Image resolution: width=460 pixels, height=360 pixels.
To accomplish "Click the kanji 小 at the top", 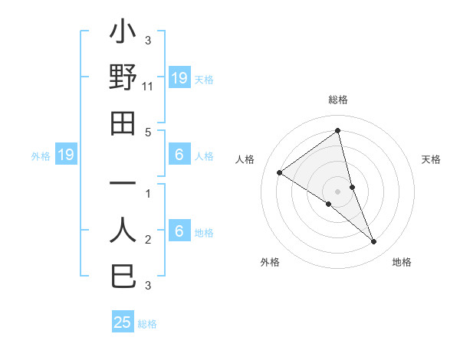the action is tap(123, 34).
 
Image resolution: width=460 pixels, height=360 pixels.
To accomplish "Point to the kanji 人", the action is tap(123, 231).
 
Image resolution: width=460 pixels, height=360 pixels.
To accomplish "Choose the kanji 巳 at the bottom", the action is tap(123, 276).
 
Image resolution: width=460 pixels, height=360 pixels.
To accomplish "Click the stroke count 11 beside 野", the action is tap(148, 87).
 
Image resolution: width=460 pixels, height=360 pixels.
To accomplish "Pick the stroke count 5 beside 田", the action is tap(148, 132).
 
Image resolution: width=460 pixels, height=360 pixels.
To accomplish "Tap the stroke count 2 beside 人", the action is tap(148, 241).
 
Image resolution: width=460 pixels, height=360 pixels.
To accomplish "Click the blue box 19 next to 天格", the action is tap(179, 77).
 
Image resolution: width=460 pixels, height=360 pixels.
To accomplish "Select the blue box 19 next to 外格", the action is tap(66, 155).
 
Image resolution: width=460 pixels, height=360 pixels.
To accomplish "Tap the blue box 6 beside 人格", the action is tap(179, 155).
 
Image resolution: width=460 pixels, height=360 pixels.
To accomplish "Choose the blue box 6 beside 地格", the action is tap(179, 231).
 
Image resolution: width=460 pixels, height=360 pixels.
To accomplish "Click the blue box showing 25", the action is tap(123, 322).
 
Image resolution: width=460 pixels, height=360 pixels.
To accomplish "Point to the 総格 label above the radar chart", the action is tap(338, 100).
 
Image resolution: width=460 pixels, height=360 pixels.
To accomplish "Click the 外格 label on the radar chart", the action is tap(270, 262).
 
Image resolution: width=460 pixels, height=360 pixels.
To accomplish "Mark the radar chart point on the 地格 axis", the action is tap(374, 241).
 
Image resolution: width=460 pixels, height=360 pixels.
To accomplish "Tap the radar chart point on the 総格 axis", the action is tap(338, 130).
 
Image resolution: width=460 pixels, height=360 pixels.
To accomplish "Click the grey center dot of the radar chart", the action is tap(338, 191).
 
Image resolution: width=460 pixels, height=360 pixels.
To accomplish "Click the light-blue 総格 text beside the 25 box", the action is tap(147, 324).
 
